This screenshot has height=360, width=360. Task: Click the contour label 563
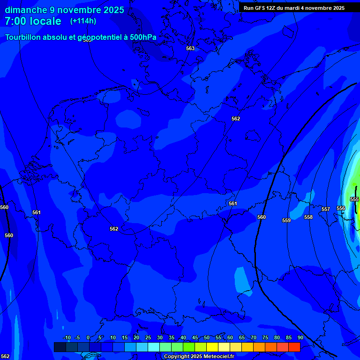[190, 48]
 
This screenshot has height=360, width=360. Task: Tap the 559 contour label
[286, 220]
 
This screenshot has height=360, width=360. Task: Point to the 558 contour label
[308, 217]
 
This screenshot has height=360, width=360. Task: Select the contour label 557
[326, 209]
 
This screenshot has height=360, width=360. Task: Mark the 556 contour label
[341, 208]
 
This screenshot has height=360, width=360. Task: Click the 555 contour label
[354, 199]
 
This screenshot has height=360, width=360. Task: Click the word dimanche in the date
[26, 10]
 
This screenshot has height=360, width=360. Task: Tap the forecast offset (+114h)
[83, 21]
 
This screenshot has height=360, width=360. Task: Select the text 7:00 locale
[33, 21]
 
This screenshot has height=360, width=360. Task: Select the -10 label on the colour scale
[67, 337]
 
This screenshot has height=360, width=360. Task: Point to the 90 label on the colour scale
[300, 337]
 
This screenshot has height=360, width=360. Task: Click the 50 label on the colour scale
[207, 337]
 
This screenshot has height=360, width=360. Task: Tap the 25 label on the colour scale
[148, 337]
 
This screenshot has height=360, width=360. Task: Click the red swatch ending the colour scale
[294, 347]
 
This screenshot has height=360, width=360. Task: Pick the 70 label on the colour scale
[254, 337]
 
